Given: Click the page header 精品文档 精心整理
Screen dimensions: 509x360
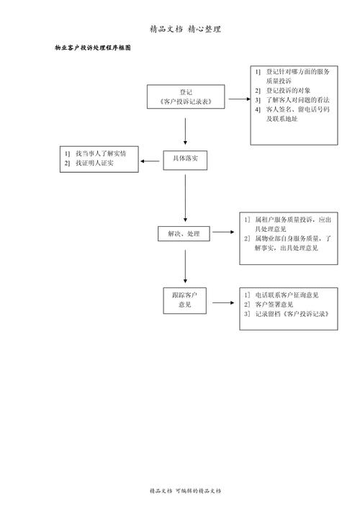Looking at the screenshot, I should click(185, 30).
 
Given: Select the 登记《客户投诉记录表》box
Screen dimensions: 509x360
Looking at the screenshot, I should click(186, 97).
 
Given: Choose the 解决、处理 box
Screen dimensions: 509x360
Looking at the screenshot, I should click(184, 234).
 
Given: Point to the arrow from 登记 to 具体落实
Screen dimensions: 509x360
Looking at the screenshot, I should click(186, 131).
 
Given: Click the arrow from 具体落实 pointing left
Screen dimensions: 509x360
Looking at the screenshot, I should click(151, 161).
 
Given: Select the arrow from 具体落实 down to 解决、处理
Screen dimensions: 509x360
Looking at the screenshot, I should click(186, 197).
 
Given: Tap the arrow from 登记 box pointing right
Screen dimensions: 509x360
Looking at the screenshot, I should click(238, 98).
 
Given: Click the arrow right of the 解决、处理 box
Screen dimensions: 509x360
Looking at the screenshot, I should click(223, 233).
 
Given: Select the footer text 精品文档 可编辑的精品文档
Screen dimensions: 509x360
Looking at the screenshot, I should click(185, 491).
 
